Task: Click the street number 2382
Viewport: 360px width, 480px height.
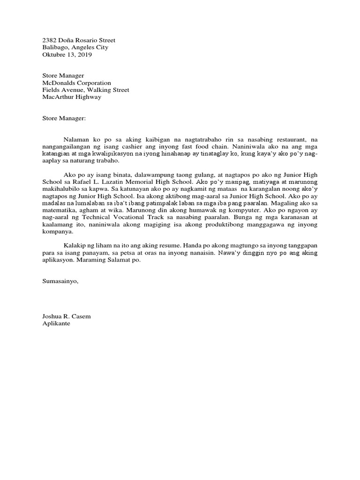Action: click(50, 40)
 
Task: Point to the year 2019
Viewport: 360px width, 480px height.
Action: click(85, 54)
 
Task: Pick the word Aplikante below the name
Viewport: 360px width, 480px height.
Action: click(56, 323)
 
